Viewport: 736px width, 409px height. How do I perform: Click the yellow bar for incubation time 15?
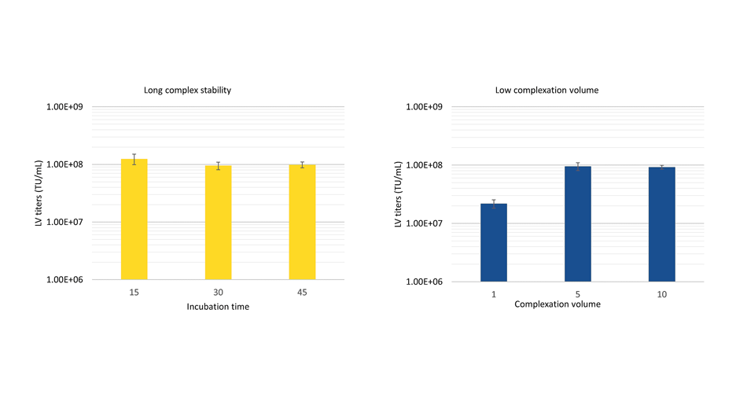pos(134,220)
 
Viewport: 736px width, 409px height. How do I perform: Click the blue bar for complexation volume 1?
pos(494,242)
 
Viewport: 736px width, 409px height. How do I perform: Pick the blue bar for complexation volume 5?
pos(578,224)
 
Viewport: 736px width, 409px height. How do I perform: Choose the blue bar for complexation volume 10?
pos(662,224)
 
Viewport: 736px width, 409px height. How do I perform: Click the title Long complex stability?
pos(187,90)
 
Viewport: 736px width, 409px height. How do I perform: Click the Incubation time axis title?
pos(218,307)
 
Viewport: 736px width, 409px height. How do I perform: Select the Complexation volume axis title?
pos(557,304)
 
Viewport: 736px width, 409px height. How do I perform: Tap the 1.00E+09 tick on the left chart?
pos(67,107)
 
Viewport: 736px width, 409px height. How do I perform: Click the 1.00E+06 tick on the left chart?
pos(67,279)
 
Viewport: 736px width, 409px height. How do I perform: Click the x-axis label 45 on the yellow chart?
pos(302,293)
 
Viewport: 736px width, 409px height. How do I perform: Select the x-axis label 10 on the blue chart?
pos(662,294)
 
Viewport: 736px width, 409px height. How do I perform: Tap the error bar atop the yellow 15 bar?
pos(134,159)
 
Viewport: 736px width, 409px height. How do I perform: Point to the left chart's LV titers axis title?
pos(39,193)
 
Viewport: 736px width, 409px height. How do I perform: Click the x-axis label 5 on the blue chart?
pos(578,294)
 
